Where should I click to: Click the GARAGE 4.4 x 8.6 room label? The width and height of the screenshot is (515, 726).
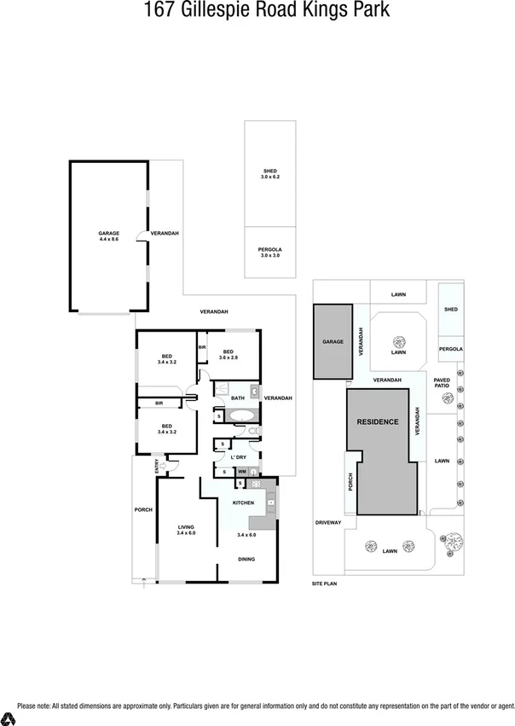[108, 236]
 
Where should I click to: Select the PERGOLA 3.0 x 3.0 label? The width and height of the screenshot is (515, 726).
[269, 253]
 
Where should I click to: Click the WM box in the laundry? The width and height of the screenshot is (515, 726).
[242, 472]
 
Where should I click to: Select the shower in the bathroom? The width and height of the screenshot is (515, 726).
[221, 387]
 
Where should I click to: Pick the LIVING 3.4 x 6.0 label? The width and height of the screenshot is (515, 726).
[187, 530]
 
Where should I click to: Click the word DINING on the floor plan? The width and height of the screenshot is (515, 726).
[246, 560]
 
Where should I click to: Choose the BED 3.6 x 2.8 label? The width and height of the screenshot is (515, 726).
[229, 354]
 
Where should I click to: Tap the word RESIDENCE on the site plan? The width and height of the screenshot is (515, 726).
[377, 421]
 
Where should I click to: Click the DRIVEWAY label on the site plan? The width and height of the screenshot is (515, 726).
[327, 522]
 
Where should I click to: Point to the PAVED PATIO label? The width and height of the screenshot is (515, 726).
[442, 382]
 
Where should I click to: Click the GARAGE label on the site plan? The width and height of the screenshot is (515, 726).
[333, 341]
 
